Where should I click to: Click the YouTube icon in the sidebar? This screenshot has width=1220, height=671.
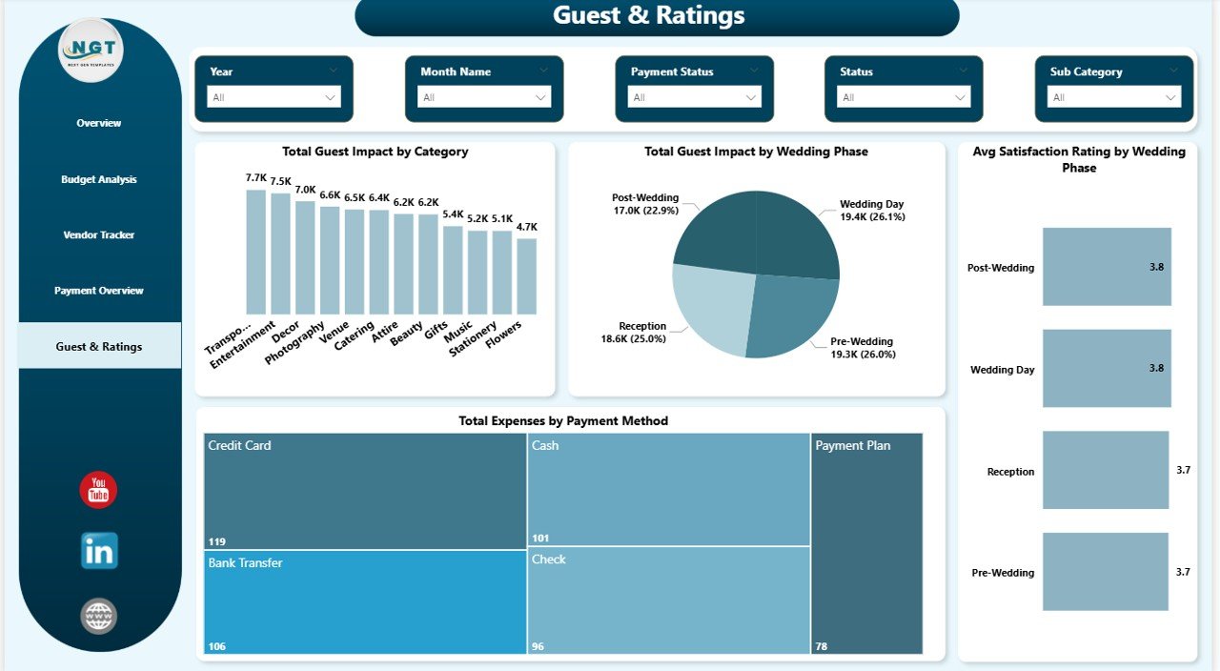pyautogui.click(x=98, y=490)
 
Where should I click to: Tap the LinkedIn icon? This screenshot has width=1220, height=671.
pyautogui.click(x=99, y=551)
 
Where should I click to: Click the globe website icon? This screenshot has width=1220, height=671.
pyautogui.click(x=99, y=617)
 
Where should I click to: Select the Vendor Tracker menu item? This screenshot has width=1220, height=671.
pyautogui.click(x=99, y=234)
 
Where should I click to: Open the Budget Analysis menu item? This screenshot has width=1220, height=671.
pyautogui.click(x=99, y=179)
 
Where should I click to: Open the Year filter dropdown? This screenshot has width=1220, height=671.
pyautogui.click(x=274, y=97)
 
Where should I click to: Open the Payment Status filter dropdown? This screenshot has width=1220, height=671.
pyautogui.click(x=694, y=97)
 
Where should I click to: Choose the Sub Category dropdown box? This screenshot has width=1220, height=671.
pyautogui.click(x=1113, y=97)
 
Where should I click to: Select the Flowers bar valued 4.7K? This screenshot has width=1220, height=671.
pyautogui.click(x=526, y=276)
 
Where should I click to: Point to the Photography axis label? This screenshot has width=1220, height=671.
pyautogui.click(x=296, y=341)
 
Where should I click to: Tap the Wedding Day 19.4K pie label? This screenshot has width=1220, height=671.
pyautogui.click(x=871, y=211)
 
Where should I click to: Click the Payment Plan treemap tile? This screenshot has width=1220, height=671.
pyautogui.click(x=866, y=543)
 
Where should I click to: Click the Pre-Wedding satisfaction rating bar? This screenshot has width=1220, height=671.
pyautogui.click(x=1105, y=572)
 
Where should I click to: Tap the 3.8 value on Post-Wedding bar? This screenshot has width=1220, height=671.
pyautogui.click(x=1156, y=267)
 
